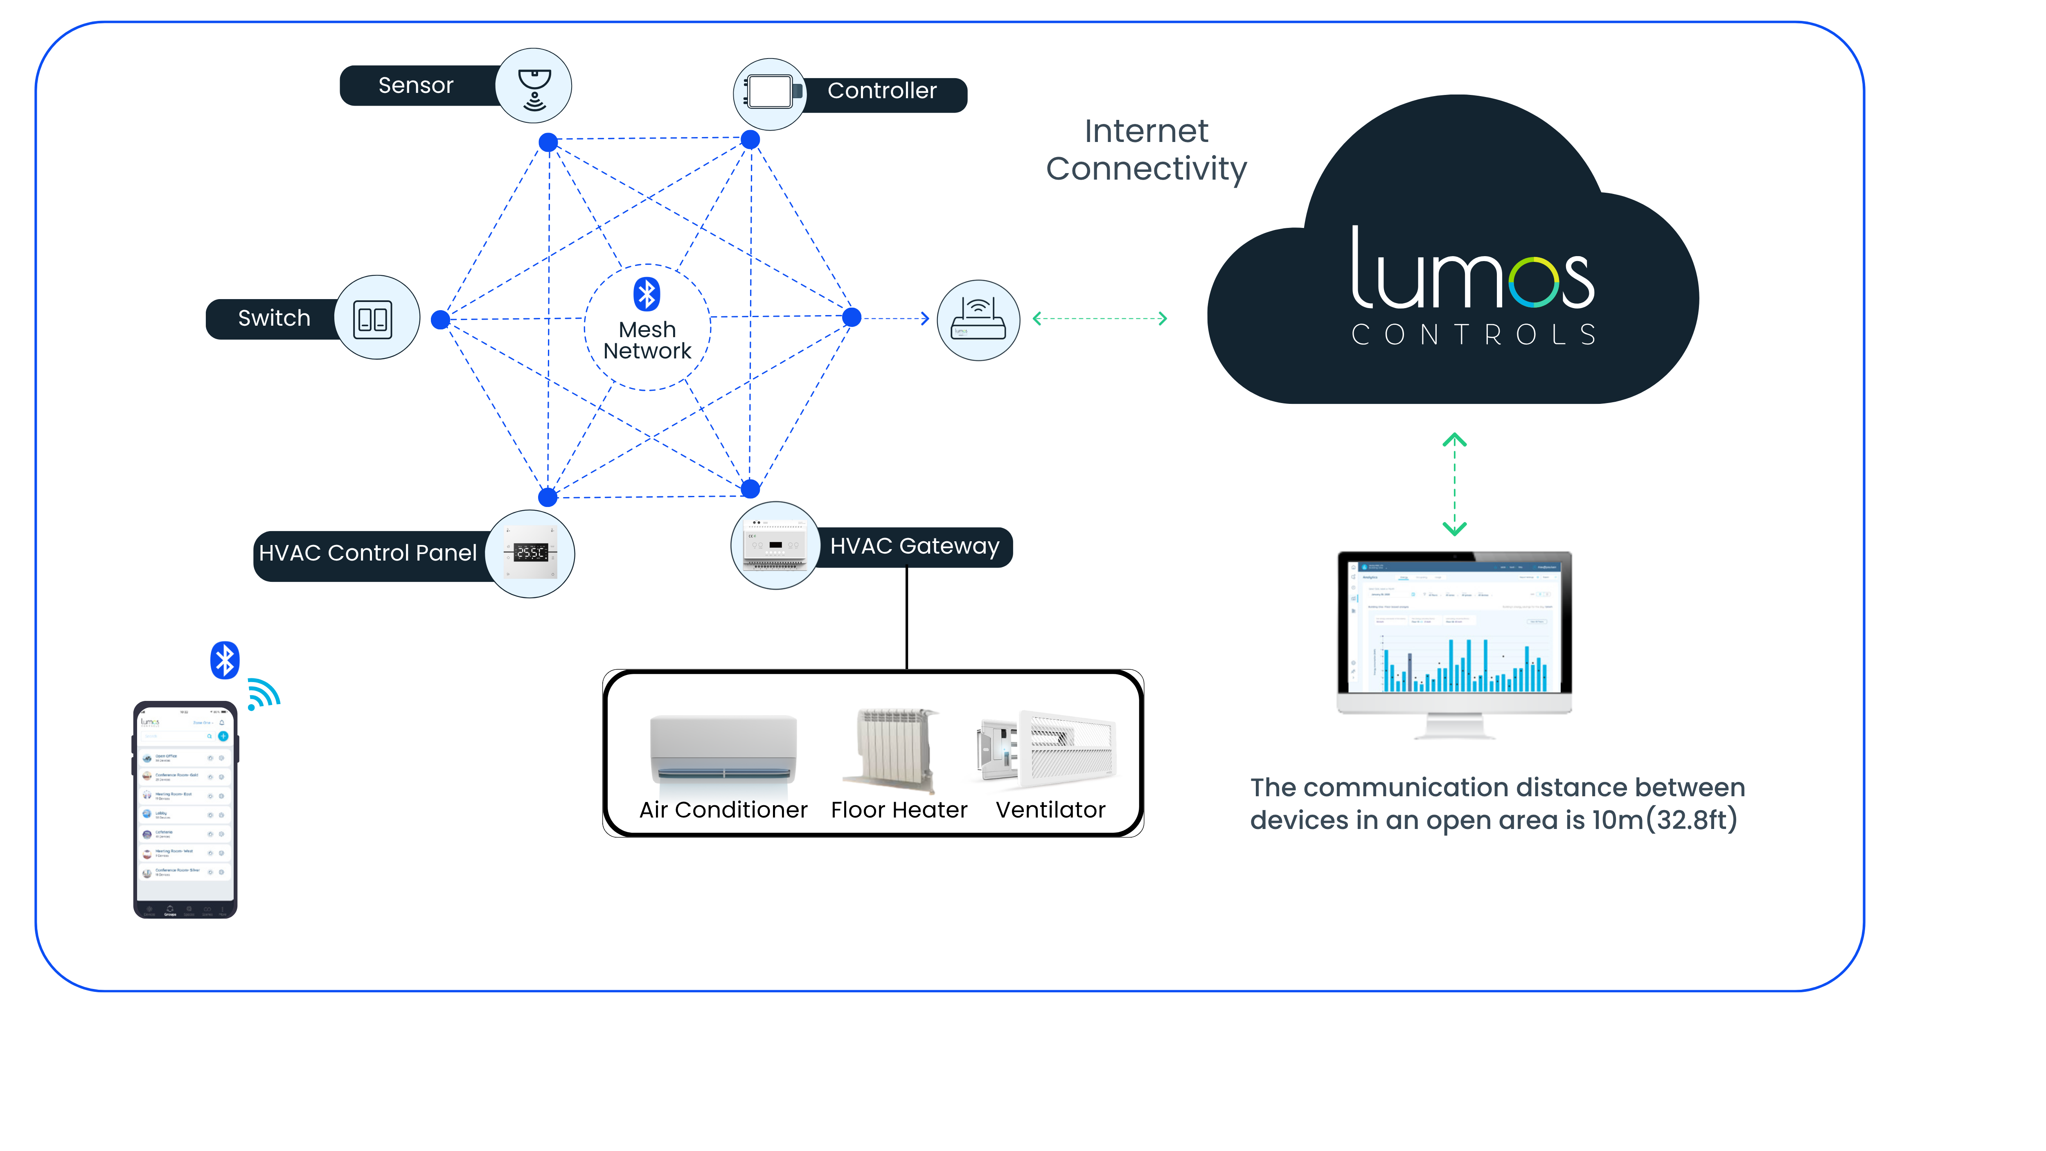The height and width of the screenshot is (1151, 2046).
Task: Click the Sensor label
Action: point(415,85)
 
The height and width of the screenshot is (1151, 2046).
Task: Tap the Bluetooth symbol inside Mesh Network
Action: point(647,294)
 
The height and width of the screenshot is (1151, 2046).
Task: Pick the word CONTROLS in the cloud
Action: point(1474,334)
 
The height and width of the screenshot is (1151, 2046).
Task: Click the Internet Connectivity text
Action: point(1146,150)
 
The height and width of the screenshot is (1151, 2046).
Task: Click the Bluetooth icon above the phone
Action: point(225,660)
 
